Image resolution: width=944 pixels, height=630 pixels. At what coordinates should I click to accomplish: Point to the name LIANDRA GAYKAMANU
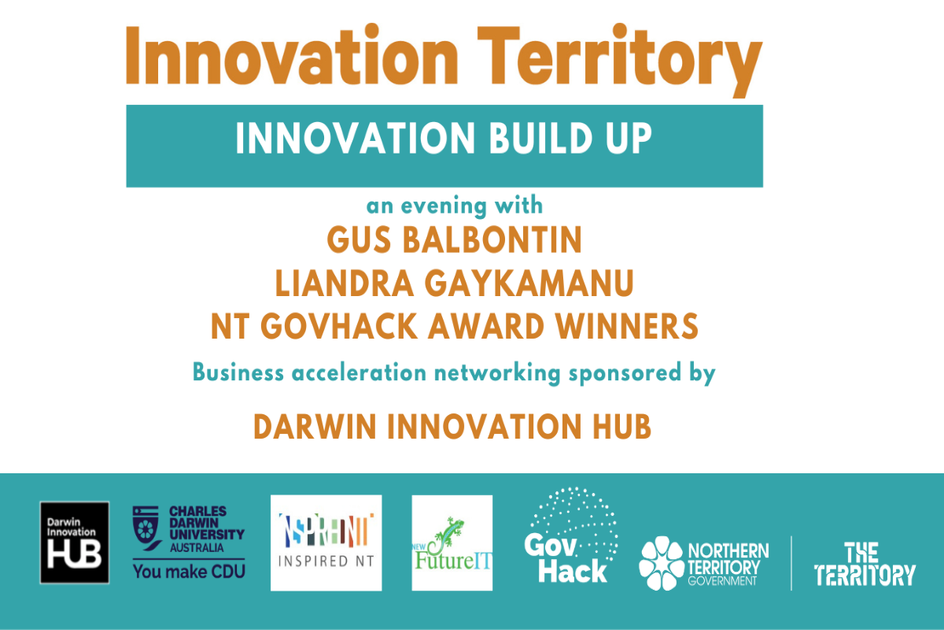[454, 284]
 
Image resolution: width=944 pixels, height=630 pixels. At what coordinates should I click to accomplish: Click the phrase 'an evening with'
[455, 206]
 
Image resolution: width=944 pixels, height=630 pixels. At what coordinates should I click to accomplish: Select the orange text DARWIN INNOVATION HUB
[452, 426]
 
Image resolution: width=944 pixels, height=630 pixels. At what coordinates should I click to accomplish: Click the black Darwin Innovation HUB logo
[75, 542]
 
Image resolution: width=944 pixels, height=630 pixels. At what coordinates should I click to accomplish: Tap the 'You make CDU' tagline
[187, 571]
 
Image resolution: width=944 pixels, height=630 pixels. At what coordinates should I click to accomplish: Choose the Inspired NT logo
[326, 542]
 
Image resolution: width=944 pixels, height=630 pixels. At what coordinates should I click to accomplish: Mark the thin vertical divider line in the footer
[791, 562]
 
